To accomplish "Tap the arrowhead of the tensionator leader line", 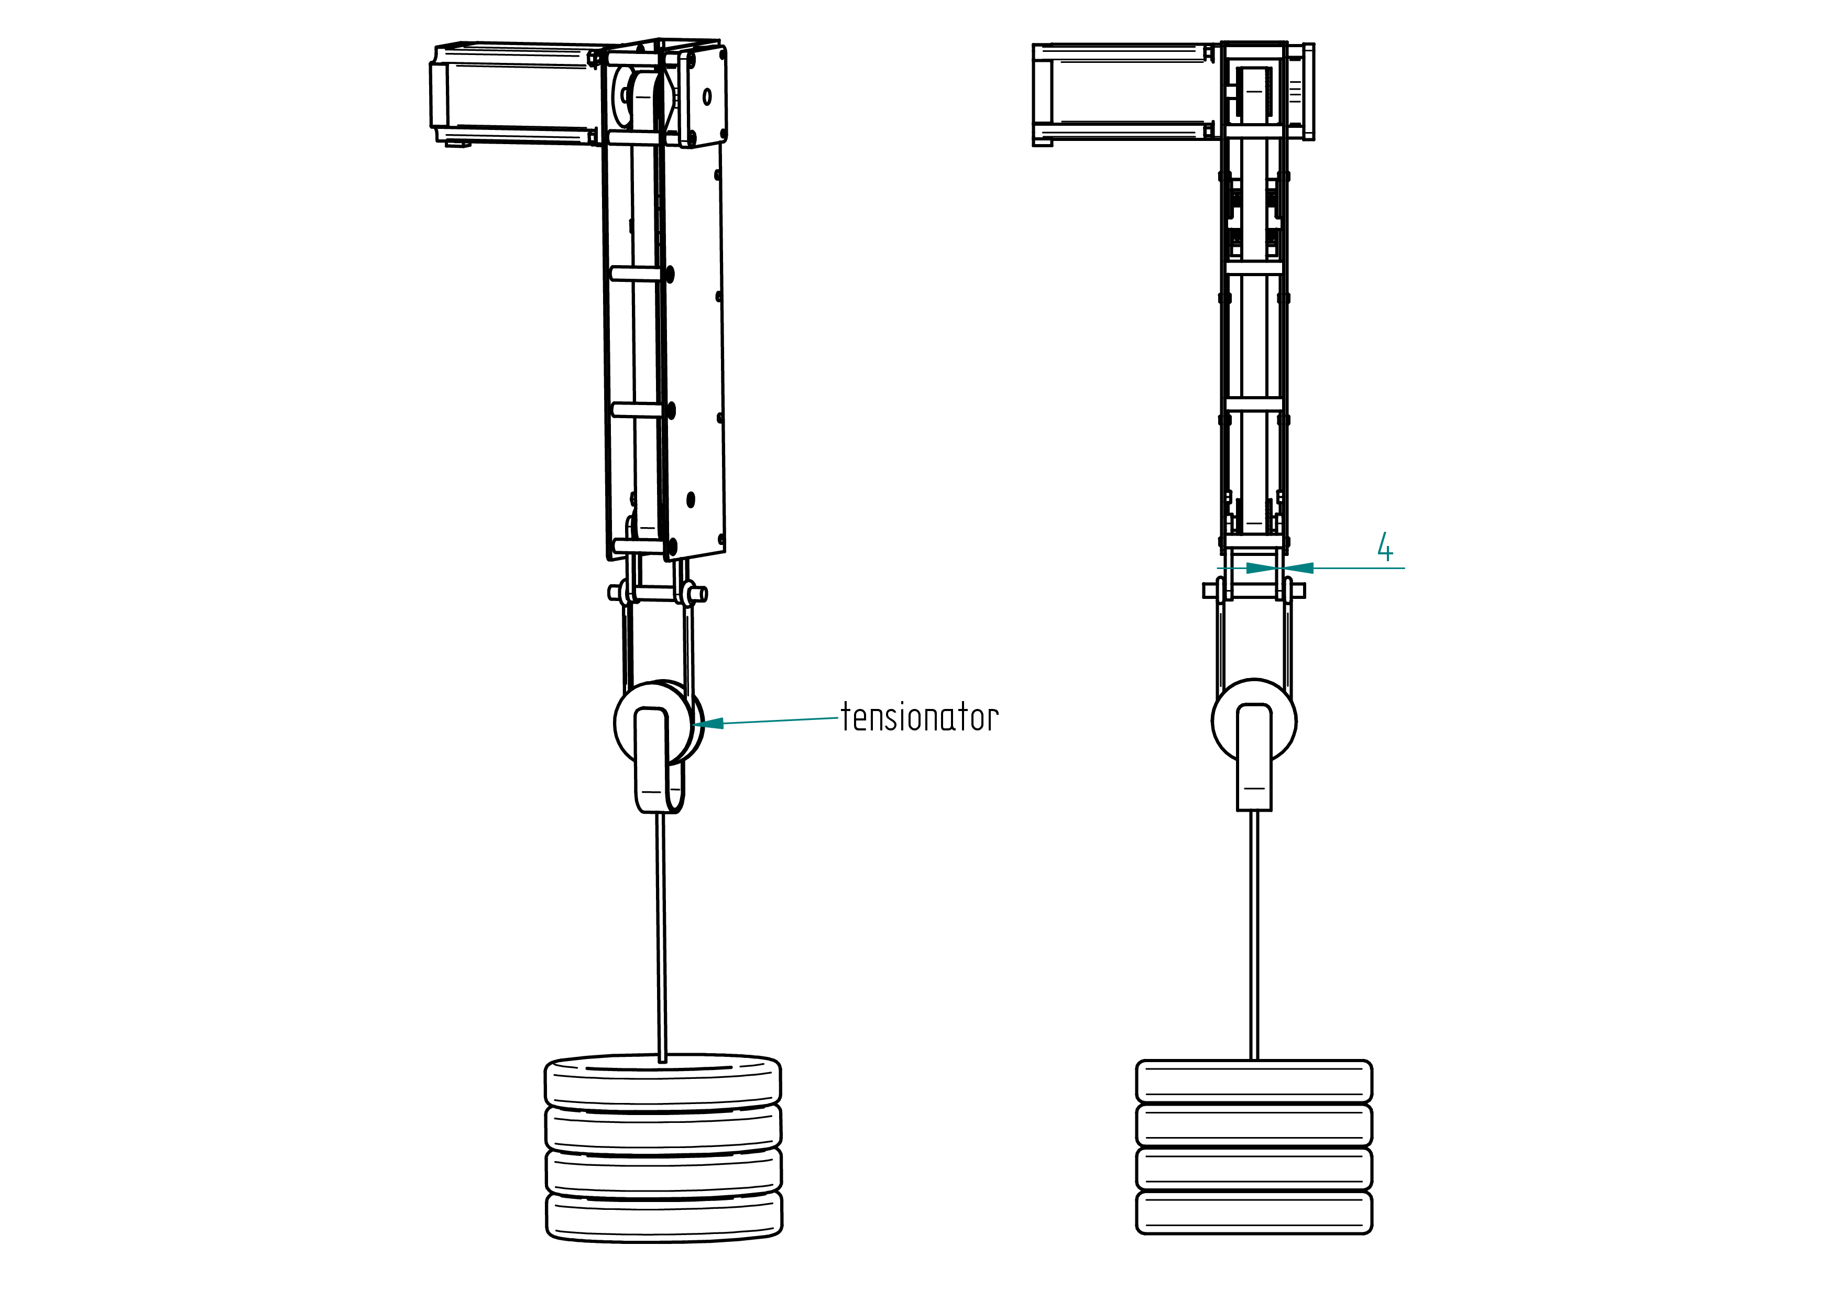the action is click(708, 724).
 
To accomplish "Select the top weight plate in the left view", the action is click(663, 1082).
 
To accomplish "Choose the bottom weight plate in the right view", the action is click(1254, 1212).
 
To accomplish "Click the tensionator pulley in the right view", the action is click(1254, 720).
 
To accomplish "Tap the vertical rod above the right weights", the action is click(1254, 935).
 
